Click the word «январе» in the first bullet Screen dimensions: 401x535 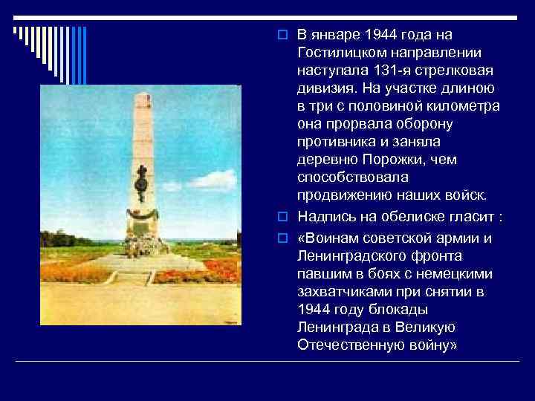tap(334, 35)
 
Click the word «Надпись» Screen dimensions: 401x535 tap(324, 216)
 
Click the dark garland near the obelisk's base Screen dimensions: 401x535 tap(140, 214)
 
